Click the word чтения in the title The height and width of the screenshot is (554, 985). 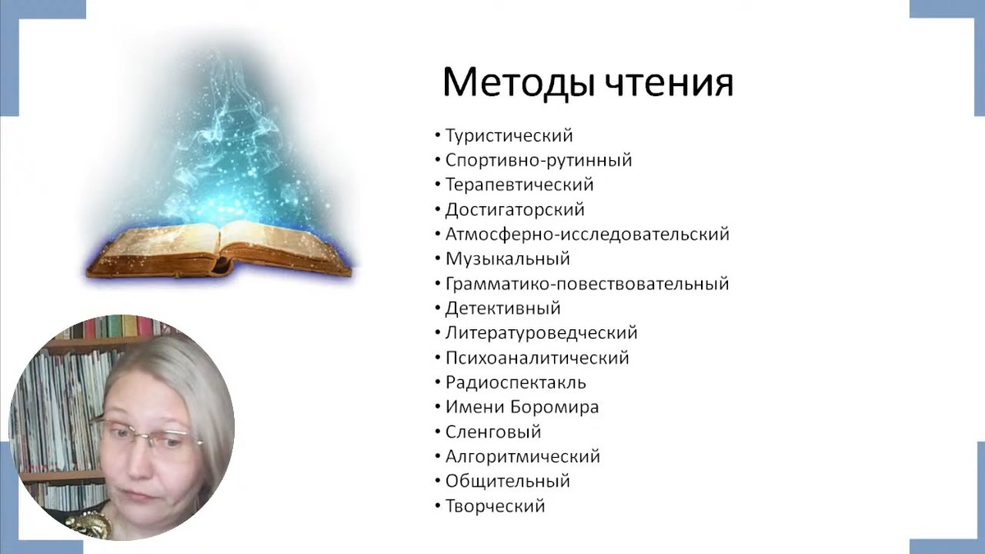point(672,82)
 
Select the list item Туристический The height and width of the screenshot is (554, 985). point(509,136)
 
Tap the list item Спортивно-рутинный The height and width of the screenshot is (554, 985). point(538,161)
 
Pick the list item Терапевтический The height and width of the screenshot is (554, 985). point(519,185)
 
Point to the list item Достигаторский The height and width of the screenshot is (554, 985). point(515,210)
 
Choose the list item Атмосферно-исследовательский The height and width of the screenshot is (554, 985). point(587,235)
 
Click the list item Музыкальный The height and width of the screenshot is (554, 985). point(507,259)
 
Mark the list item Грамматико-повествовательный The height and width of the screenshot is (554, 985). point(587,284)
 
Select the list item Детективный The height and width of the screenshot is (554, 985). point(502,309)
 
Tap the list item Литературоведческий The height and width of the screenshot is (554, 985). point(541,333)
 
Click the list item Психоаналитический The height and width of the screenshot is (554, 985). point(537,358)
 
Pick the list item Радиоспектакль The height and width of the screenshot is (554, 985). point(515,382)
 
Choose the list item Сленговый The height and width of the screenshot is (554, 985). point(492,432)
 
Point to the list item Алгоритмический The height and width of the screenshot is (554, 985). point(522,456)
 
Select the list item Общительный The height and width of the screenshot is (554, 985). point(507,481)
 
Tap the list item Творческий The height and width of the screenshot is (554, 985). point(495,506)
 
